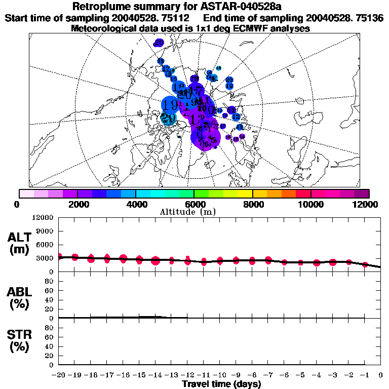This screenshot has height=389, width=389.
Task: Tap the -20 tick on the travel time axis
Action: pyautogui.click(x=59, y=376)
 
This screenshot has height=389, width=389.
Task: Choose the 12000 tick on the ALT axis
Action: pyautogui.click(x=44, y=218)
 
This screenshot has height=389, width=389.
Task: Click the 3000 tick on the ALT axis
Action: pyautogui.click(x=46, y=258)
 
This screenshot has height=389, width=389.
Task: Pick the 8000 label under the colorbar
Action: pyautogui.click(x=252, y=204)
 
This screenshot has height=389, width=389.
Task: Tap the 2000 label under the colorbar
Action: pyautogui.click(x=77, y=204)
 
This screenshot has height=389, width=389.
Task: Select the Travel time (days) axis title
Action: pyautogui.click(x=221, y=384)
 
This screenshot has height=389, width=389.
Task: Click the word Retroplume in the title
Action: pyautogui.click(x=99, y=7)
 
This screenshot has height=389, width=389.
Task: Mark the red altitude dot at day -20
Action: pyautogui.click(x=59, y=257)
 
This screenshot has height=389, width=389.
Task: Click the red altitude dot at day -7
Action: pyautogui.click(x=268, y=260)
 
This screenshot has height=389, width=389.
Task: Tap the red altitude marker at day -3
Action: pyautogui.click(x=333, y=262)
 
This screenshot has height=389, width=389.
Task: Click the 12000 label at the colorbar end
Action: pyautogui.click(x=366, y=204)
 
